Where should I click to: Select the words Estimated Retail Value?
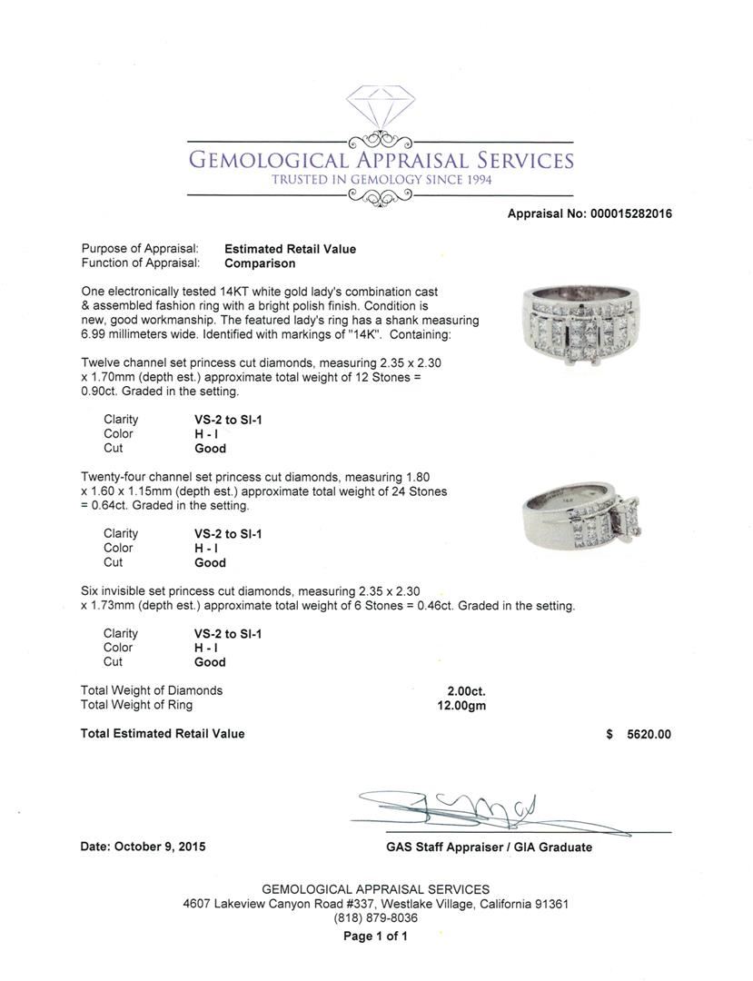(290, 249)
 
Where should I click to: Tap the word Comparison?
(260, 263)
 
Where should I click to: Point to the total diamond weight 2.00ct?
(465, 690)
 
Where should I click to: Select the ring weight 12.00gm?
(461, 705)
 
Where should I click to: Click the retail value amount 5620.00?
(649, 734)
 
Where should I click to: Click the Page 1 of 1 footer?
(375, 936)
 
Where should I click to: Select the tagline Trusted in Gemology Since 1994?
(381, 180)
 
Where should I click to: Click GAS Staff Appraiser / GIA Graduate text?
(489, 847)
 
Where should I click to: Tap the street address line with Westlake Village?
(375, 904)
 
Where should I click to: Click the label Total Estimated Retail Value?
(163, 734)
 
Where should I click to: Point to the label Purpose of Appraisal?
(140, 249)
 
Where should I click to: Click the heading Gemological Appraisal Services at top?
(381, 160)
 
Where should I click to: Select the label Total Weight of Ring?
(136, 705)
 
